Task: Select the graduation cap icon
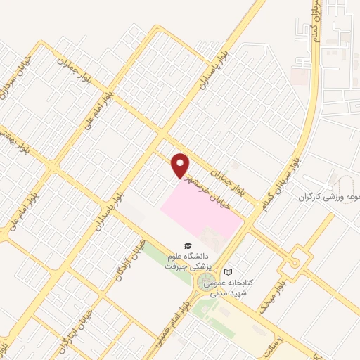[187, 245]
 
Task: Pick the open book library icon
[228, 272]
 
